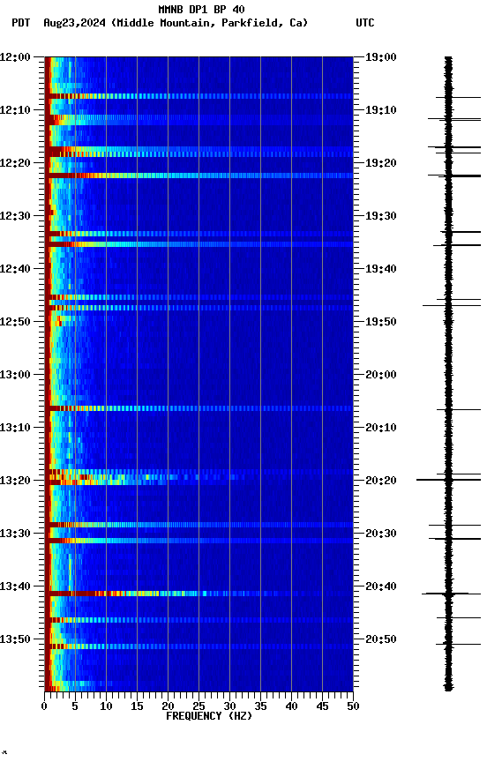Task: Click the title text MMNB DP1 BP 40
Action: (201, 10)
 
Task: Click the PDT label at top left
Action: (20, 23)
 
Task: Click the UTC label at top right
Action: (365, 23)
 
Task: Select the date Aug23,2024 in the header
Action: (75, 23)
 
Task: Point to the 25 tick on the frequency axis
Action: (199, 706)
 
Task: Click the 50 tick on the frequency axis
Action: (353, 706)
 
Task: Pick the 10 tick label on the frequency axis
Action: (106, 706)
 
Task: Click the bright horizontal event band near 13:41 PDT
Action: (132, 594)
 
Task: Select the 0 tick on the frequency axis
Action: (44, 706)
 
